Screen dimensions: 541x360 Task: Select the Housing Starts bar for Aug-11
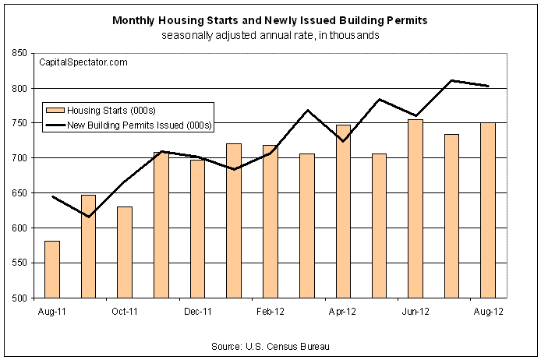click(52, 270)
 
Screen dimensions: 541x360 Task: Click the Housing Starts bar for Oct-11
click(125, 252)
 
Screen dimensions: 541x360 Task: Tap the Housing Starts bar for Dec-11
click(197, 229)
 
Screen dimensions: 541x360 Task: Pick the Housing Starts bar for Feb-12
click(270, 222)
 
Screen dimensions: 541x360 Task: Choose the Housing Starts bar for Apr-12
click(343, 211)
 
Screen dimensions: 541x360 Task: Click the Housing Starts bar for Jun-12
click(415, 209)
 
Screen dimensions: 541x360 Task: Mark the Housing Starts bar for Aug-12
click(488, 210)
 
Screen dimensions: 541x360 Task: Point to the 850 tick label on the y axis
click(19, 53)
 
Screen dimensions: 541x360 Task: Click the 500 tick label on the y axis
click(19, 298)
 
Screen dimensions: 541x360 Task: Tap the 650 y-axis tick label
click(19, 193)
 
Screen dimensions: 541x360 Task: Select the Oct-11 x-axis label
click(125, 312)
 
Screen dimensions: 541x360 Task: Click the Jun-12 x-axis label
click(415, 312)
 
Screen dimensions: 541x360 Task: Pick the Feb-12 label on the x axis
click(270, 312)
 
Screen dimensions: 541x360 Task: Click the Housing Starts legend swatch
click(55, 111)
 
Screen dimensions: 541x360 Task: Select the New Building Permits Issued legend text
click(140, 125)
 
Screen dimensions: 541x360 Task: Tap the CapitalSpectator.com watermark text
click(83, 62)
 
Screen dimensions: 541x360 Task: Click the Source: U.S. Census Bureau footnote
click(270, 346)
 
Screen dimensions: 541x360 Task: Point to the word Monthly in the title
click(133, 21)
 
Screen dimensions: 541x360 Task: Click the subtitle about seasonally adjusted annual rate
click(270, 36)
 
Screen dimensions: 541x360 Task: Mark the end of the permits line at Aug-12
click(489, 86)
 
